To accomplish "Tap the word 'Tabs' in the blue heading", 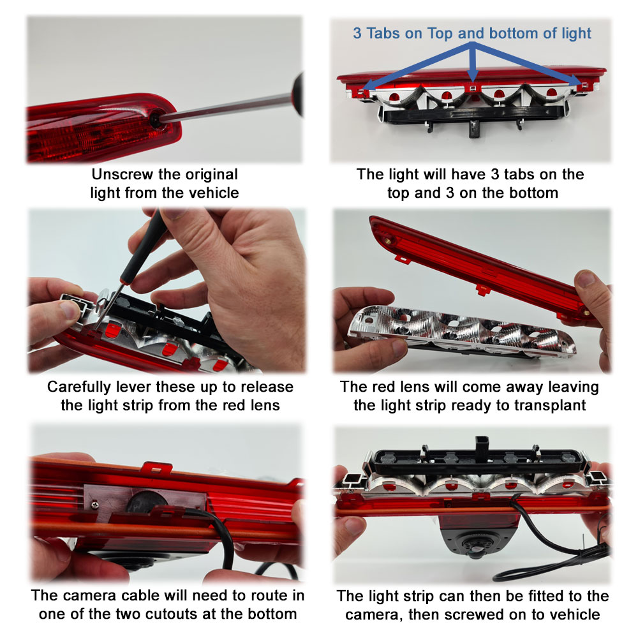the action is (383, 33).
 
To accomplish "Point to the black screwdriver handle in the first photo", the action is (299, 94).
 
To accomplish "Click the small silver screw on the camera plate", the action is (94, 505).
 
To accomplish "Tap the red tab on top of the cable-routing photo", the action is (156, 468).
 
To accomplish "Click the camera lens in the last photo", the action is (473, 551).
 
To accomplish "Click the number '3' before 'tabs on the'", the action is (495, 175).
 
